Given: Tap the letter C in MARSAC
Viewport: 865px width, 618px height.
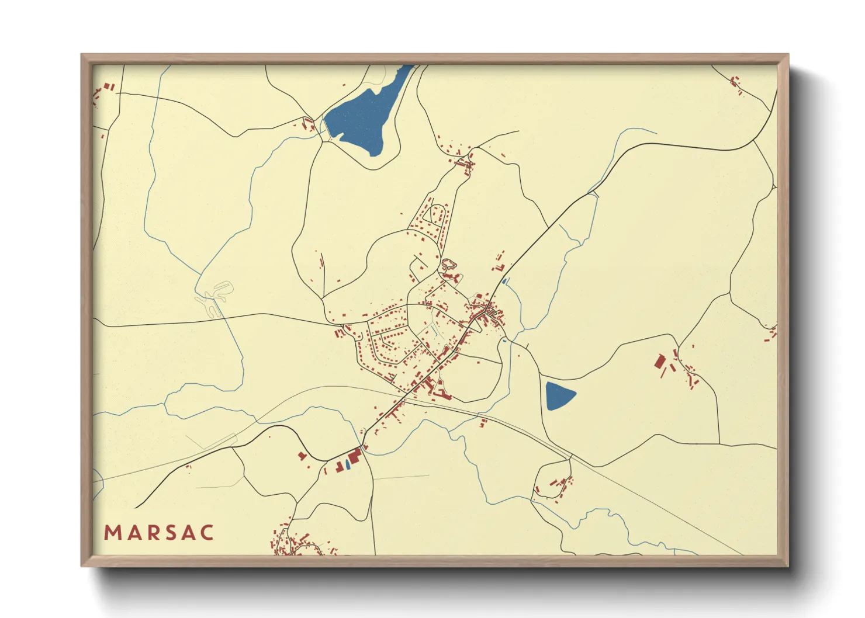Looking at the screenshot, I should pyautogui.click(x=207, y=533).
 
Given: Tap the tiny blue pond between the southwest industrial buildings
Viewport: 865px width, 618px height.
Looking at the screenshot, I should pyautogui.click(x=347, y=464).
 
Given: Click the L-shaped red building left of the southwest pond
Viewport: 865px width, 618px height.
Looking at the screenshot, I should pyautogui.click(x=338, y=466).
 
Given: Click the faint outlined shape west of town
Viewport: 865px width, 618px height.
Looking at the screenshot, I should pyautogui.click(x=214, y=297).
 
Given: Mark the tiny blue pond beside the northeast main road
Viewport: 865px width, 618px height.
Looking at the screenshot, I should pyautogui.click(x=504, y=281).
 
